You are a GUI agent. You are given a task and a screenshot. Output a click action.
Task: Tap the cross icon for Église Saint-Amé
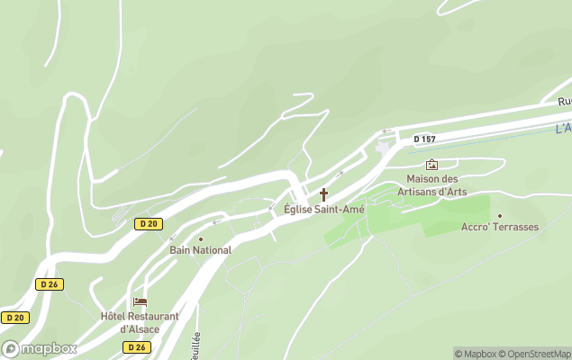(x=323, y=194)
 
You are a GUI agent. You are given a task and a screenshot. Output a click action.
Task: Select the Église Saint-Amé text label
(x=323, y=210)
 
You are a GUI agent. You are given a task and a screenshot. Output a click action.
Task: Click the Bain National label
(x=200, y=250)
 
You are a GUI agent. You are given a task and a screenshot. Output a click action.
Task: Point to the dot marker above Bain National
(x=200, y=238)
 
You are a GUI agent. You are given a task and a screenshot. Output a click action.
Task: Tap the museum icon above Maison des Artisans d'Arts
(x=431, y=165)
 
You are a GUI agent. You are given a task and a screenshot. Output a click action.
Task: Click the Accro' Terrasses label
(x=499, y=227)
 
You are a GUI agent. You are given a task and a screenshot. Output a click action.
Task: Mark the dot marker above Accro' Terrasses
(x=499, y=215)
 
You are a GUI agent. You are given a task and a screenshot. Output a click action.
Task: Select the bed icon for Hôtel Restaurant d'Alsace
(x=140, y=302)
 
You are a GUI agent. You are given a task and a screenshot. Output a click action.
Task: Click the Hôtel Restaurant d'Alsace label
(x=140, y=321)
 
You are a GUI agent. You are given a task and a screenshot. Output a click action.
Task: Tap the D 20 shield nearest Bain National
(x=149, y=223)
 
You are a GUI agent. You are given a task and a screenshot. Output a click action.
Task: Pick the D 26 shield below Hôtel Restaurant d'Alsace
(x=137, y=347)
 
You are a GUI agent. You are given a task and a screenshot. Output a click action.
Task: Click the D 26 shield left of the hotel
(x=50, y=284)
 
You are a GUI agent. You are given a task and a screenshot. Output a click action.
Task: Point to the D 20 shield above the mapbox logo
(x=14, y=318)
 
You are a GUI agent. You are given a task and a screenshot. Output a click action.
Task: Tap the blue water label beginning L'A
(x=563, y=129)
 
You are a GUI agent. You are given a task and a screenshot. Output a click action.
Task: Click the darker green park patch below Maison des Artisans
(x=432, y=214)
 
